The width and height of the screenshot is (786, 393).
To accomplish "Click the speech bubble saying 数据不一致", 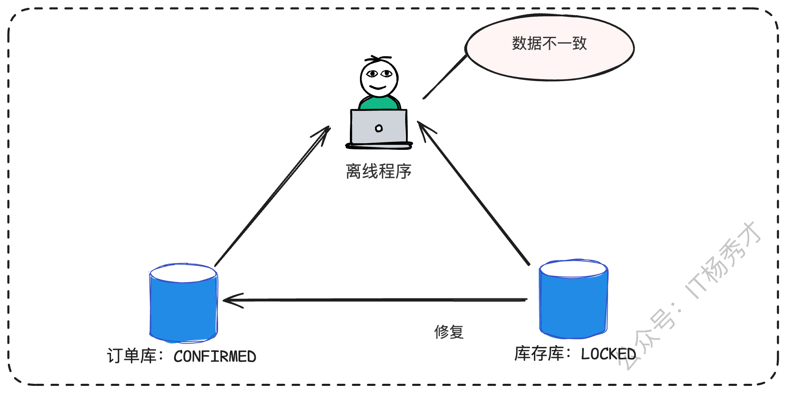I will click(549, 47).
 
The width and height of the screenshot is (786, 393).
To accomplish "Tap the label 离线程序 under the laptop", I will click(378, 172).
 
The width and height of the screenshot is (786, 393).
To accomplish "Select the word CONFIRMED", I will click(215, 357).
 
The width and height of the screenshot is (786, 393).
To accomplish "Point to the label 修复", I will click(449, 332).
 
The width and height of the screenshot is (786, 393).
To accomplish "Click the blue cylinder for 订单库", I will click(183, 310).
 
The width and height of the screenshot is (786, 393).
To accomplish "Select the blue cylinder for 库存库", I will click(573, 306).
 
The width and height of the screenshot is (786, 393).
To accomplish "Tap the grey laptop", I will click(379, 128).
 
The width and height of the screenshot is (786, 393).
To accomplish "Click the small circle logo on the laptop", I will click(379, 128).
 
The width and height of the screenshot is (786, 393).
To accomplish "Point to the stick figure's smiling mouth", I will click(378, 88).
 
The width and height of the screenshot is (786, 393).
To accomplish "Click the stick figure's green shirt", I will click(379, 103).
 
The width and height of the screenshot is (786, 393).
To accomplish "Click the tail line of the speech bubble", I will click(444, 77).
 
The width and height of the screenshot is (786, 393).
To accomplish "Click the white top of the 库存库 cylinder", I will click(573, 268).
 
